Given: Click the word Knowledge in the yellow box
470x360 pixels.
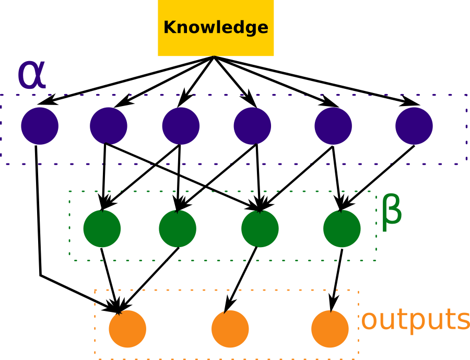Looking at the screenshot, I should pyautogui.click(x=216, y=28).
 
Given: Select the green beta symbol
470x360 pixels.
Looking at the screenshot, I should pyautogui.click(x=392, y=211).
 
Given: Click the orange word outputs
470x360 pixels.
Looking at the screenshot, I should pyautogui.click(x=416, y=320).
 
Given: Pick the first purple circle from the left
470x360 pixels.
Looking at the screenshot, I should pyautogui.click(x=40, y=126).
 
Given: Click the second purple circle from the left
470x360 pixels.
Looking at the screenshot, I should pyautogui.click(x=109, y=126).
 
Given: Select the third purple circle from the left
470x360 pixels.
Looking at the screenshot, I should pyautogui.click(x=181, y=126).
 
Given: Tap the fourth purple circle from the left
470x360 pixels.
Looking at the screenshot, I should pyautogui.click(x=252, y=126).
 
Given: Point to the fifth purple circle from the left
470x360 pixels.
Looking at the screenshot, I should pyautogui.click(x=333, y=126).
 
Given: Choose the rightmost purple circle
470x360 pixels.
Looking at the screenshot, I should pyautogui.click(x=414, y=126).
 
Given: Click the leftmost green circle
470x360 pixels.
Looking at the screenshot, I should pyautogui.click(x=102, y=229).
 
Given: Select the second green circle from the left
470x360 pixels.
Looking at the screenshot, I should pyautogui.click(x=178, y=229).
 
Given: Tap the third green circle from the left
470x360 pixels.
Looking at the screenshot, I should pyautogui.click(x=260, y=229).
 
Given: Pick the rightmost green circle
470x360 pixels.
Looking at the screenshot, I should pyautogui.click(x=342, y=229).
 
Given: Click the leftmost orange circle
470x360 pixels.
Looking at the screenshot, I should pyautogui.click(x=127, y=329).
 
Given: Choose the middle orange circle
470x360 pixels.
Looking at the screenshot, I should pyautogui.click(x=230, y=329).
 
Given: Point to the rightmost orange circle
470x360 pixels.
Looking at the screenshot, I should pyautogui.click(x=330, y=329).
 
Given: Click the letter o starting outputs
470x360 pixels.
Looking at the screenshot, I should pyautogui.click(x=369, y=321).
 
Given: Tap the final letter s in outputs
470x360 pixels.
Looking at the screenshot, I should pyautogui.click(x=463, y=321).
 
